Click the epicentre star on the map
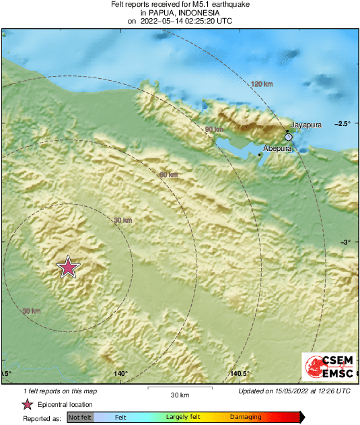point(68,267)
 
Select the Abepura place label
point(277,148)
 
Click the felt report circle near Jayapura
point(289,137)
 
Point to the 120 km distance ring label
point(262,84)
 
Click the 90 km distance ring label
point(214,129)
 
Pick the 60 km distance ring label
point(168,175)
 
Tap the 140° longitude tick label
point(120,374)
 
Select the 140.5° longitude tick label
point(240,374)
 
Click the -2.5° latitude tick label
point(345,124)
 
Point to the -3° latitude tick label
point(347,242)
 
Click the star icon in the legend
point(28,405)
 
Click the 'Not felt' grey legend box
point(80,418)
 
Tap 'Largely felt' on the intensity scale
point(181,418)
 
